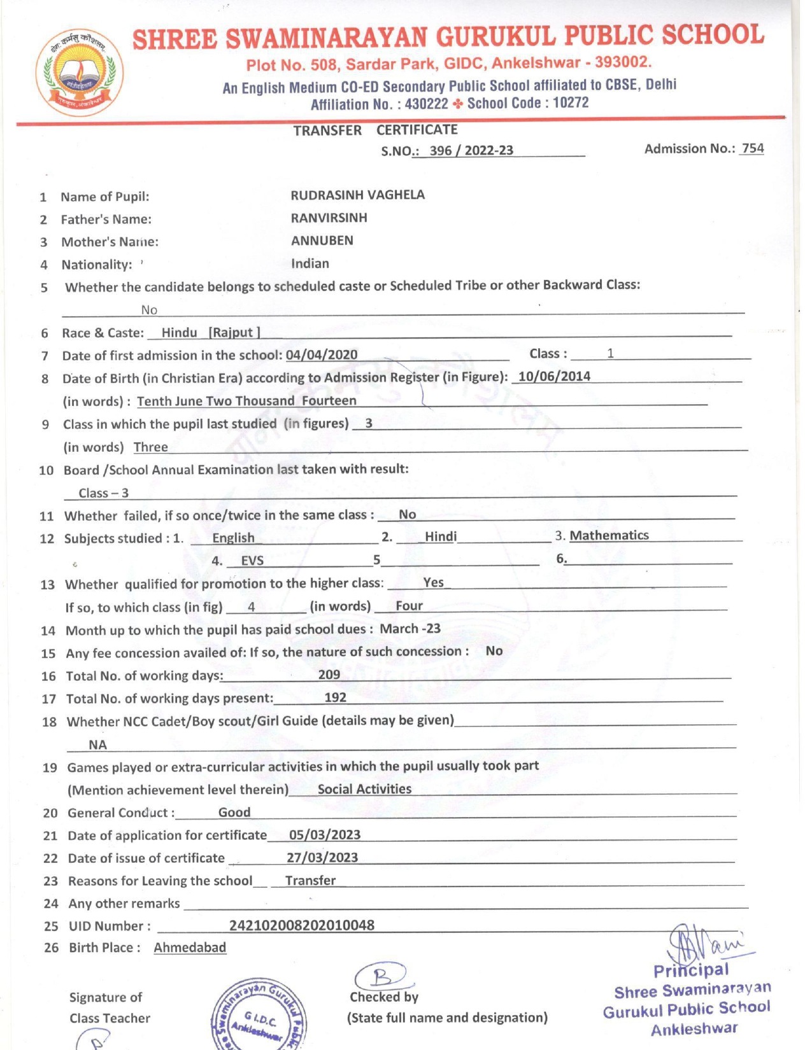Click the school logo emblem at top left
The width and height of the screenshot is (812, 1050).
(80, 72)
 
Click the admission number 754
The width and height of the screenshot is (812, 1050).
(752, 148)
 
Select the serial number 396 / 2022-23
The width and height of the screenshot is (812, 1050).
(471, 151)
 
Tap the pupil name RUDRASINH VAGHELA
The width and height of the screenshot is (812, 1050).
(357, 195)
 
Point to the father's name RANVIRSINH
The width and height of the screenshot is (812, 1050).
(329, 218)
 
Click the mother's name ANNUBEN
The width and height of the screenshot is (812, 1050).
(322, 241)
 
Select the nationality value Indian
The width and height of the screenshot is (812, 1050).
(310, 263)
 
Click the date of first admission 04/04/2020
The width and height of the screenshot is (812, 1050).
(322, 355)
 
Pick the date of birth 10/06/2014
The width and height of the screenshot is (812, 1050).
(554, 376)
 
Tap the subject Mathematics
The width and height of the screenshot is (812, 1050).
(609, 536)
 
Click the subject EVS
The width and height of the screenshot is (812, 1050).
(252, 561)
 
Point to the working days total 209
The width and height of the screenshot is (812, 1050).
(329, 675)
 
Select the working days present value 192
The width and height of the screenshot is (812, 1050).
(336, 697)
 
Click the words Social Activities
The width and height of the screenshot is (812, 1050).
(364, 789)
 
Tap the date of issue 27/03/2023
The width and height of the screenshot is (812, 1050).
(322, 858)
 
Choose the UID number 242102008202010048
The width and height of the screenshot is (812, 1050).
(302, 925)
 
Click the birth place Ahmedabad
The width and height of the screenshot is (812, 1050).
(190, 948)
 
